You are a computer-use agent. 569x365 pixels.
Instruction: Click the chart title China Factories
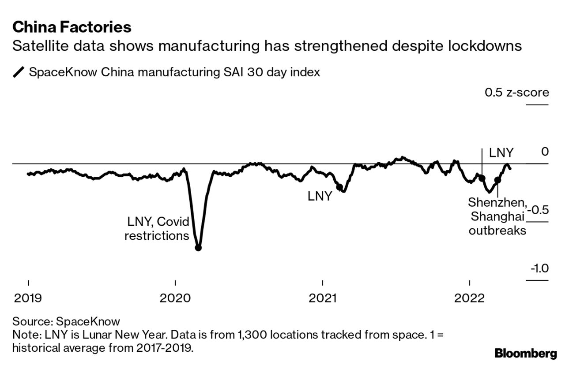point(72,27)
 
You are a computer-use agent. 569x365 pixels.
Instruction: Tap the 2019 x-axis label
point(28,298)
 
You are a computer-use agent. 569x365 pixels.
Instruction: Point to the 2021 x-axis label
point(323,298)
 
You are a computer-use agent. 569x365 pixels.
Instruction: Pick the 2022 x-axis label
point(469,298)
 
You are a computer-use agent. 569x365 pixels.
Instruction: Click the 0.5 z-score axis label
point(516,93)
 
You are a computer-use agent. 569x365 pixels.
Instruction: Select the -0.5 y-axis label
point(537,209)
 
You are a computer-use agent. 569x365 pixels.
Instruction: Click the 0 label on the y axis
point(545,152)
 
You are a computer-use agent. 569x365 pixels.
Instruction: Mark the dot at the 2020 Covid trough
point(198,248)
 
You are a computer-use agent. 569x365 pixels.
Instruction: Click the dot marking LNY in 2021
point(339,187)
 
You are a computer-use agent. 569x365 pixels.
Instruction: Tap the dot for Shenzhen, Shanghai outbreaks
point(497,180)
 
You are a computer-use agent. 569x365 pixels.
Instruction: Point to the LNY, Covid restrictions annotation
point(158,228)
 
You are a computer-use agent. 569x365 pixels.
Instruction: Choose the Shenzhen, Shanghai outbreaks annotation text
point(497,216)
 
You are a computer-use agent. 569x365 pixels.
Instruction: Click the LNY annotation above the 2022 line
point(501,153)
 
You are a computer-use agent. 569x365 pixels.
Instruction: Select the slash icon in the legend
point(19,72)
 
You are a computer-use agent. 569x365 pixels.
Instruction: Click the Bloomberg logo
point(526,353)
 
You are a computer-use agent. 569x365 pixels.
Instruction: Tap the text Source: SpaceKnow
point(66,321)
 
